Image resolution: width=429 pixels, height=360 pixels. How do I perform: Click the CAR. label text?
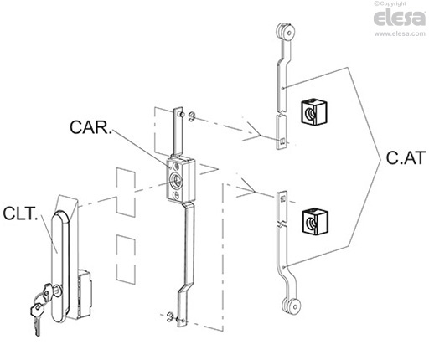(x=90, y=127)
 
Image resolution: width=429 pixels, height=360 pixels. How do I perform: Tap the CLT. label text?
(x=20, y=213)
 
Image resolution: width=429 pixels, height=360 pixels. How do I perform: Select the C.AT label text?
(x=406, y=157)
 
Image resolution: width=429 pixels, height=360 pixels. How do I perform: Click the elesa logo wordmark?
(x=400, y=18)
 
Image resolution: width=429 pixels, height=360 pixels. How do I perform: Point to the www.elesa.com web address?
(x=400, y=33)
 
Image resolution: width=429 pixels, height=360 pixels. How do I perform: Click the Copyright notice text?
(x=390, y=3)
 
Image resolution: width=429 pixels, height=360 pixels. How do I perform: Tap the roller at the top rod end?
(x=284, y=32)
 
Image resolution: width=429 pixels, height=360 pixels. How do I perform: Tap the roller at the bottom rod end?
(x=291, y=306)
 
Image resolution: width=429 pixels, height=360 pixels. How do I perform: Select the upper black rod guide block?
(x=313, y=111)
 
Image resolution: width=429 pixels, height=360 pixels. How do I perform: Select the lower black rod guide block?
(x=315, y=221)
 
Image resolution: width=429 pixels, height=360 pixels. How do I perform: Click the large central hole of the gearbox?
(x=176, y=179)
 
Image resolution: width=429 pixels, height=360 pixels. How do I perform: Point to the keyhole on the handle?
(x=57, y=291)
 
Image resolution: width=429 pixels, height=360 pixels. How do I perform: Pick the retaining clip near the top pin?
(x=192, y=116)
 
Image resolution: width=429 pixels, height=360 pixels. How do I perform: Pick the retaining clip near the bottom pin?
(x=171, y=317)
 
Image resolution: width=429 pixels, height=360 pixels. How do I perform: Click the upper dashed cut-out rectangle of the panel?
(x=126, y=192)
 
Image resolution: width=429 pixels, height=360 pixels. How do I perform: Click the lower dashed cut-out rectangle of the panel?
(x=126, y=260)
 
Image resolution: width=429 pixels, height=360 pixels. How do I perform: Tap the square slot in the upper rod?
(x=282, y=141)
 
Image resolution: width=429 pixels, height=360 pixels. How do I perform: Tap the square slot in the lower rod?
(x=282, y=199)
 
